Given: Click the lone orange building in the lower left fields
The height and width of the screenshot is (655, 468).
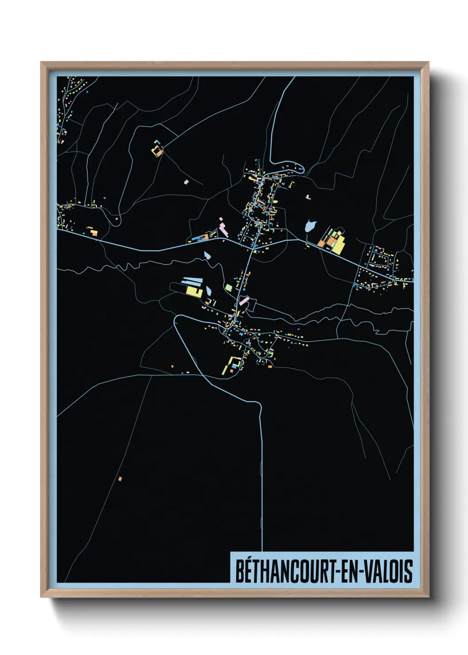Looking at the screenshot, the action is (x=120, y=478).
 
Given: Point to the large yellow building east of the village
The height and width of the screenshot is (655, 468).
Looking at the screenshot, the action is (x=338, y=244).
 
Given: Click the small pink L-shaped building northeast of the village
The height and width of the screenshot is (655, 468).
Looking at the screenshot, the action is (x=308, y=196).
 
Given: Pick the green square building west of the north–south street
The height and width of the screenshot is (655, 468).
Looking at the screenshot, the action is (x=228, y=288).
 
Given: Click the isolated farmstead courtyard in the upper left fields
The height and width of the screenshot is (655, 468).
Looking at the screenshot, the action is (x=157, y=149).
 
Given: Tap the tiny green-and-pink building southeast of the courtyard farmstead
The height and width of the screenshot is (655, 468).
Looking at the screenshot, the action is (x=186, y=181).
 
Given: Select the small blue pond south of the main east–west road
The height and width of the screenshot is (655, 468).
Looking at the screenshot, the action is (x=207, y=255).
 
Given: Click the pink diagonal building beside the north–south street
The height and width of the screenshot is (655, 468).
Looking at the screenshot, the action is (x=244, y=300).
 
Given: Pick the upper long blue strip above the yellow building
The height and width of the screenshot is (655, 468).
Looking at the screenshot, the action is (x=192, y=279).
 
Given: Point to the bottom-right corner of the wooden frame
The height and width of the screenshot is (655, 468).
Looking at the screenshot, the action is (x=428, y=596).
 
